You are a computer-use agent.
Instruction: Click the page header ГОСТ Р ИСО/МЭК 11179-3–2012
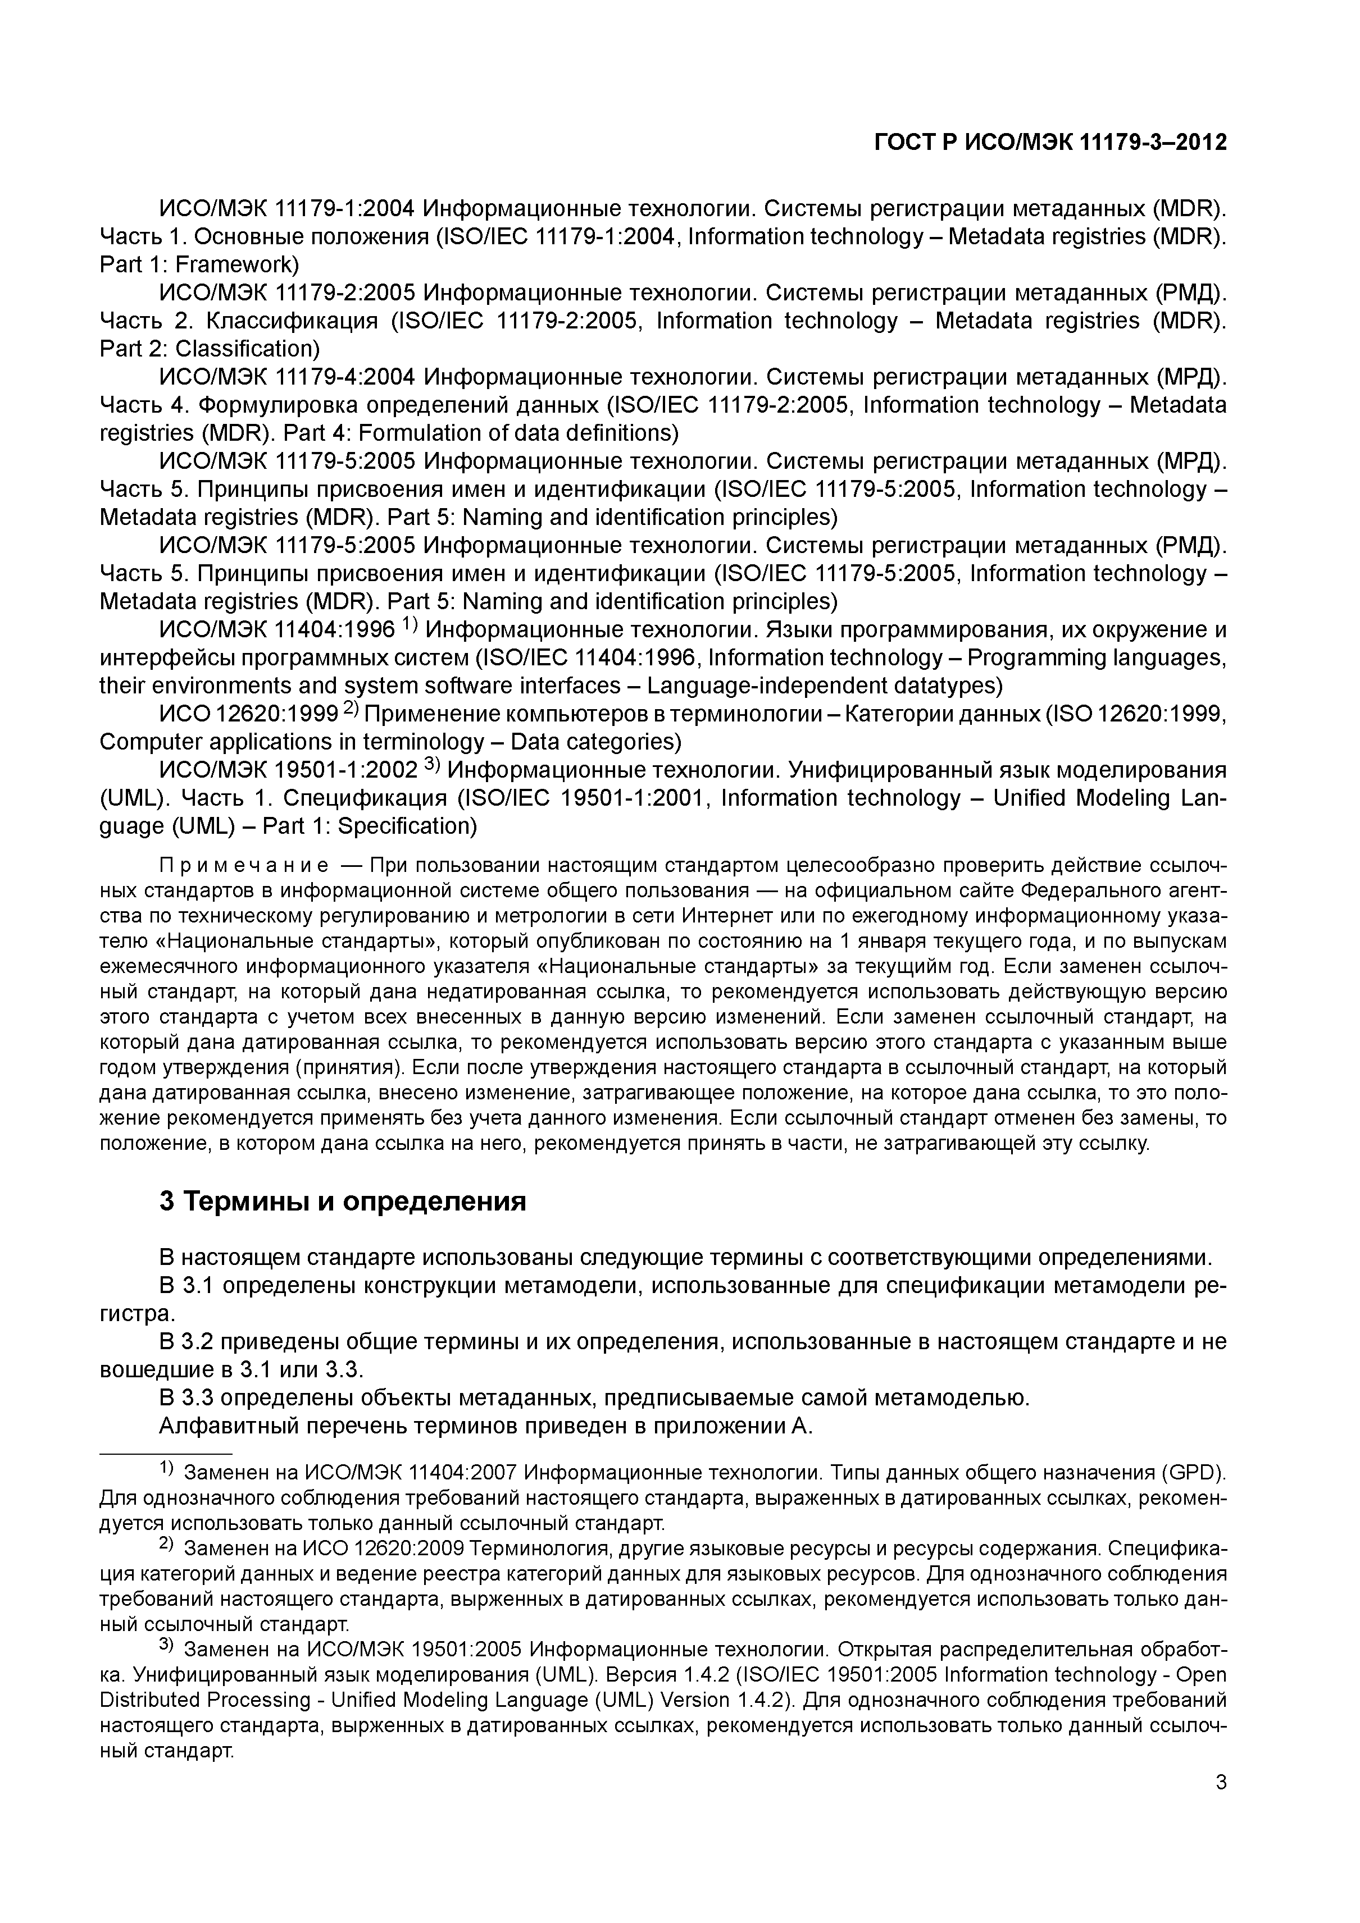pos(1050,143)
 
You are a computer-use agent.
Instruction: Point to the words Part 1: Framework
pos(199,264)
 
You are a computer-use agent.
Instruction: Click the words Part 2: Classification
pos(210,349)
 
